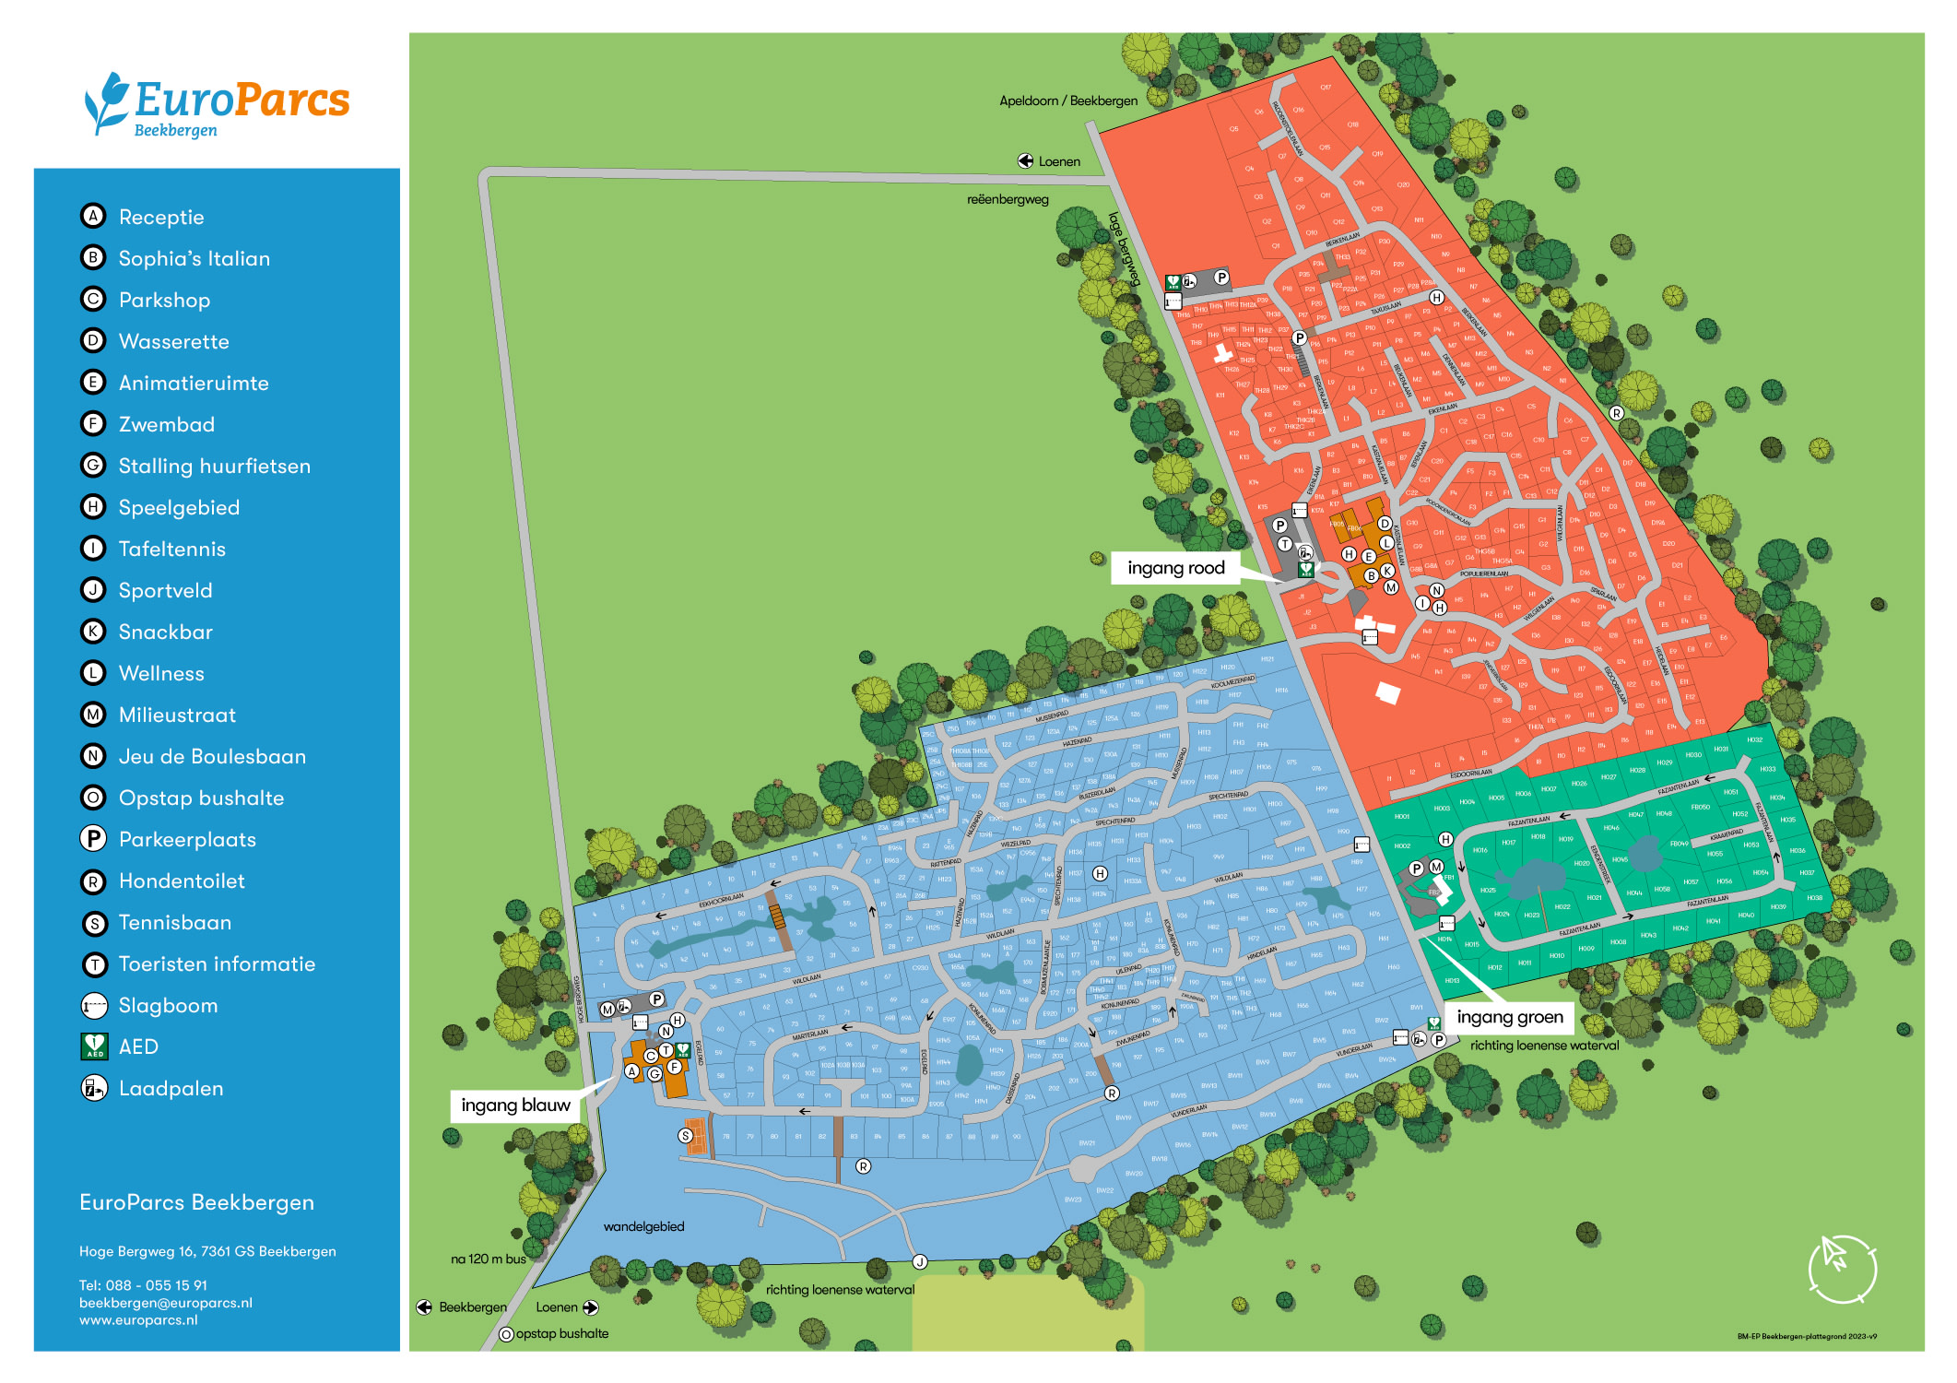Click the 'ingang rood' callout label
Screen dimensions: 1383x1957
pos(1175,568)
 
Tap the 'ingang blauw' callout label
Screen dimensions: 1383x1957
pos(515,1105)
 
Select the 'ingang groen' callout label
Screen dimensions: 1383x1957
pos(1509,1017)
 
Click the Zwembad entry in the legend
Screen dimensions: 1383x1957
pos(166,424)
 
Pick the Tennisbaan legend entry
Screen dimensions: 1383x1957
pos(174,922)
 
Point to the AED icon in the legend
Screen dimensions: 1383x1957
pos(94,1046)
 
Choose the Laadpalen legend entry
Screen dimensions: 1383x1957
pos(171,1088)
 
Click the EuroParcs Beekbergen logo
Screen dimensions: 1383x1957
pos(218,104)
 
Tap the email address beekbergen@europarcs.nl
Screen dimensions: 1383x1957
pos(166,1303)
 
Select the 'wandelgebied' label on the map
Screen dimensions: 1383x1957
pos(643,1226)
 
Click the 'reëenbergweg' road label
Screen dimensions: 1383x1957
pos(1007,199)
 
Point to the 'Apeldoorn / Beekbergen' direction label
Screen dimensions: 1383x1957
pos(1067,100)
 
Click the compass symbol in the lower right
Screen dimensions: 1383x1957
pos(1842,1269)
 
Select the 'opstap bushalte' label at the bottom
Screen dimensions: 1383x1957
pos(561,1333)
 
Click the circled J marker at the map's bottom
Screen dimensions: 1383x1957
pos(919,1261)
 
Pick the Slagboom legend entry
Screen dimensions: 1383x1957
pos(168,1005)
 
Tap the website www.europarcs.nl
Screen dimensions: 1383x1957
pos(138,1319)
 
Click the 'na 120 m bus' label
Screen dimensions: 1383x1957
pos(488,1259)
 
